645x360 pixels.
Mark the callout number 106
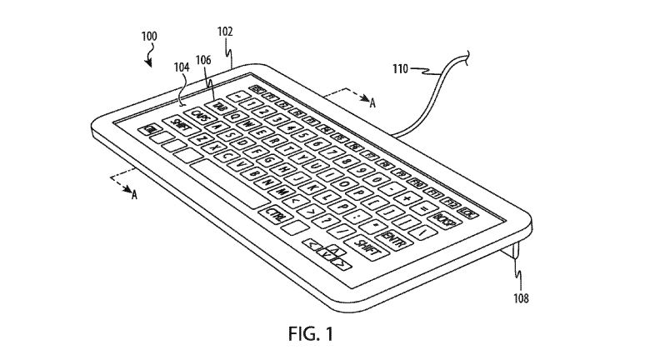pos(203,59)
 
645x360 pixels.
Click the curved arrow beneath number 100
pos(149,57)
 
